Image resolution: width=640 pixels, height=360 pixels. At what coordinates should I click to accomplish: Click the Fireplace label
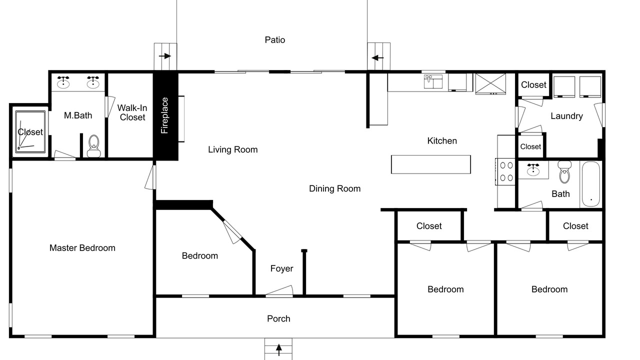pos(164,115)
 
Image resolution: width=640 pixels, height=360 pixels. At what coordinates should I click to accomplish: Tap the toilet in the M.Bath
pos(93,146)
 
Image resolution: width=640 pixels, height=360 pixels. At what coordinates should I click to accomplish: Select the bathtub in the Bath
pos(591,184)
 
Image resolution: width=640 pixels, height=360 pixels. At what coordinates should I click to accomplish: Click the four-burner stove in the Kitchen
pos(505,171)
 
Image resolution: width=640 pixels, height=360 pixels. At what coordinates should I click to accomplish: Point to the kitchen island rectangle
pos(431,164)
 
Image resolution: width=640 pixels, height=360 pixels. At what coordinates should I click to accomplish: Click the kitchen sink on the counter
pos(433,81)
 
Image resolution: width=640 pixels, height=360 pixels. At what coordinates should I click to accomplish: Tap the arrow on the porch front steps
pos(279,349)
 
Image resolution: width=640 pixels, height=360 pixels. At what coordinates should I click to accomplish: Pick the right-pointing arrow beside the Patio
pos(165,56)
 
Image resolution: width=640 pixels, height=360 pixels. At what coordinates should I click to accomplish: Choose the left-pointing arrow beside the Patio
pos(377,58)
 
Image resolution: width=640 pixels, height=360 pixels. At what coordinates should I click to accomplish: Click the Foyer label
pos(281,268)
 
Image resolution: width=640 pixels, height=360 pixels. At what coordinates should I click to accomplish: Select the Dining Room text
pos(335,188)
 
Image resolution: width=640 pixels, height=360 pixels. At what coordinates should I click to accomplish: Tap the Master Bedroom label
pos(82,247)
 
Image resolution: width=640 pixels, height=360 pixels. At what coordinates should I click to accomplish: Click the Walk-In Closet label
pos(132,112)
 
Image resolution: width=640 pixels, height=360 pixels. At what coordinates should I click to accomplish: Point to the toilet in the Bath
pos(564,172)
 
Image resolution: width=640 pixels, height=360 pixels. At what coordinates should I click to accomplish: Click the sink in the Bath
pos(533,169)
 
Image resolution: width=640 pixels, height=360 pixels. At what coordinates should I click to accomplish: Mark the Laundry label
pos(567,116)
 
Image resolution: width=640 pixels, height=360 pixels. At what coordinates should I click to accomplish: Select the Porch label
pos(278,318)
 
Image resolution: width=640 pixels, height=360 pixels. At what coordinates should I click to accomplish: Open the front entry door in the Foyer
pos(279,290)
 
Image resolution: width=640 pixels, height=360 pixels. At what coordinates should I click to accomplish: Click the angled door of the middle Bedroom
pos(232,232)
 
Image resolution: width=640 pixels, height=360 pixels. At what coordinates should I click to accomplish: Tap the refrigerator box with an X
pos(490,83)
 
